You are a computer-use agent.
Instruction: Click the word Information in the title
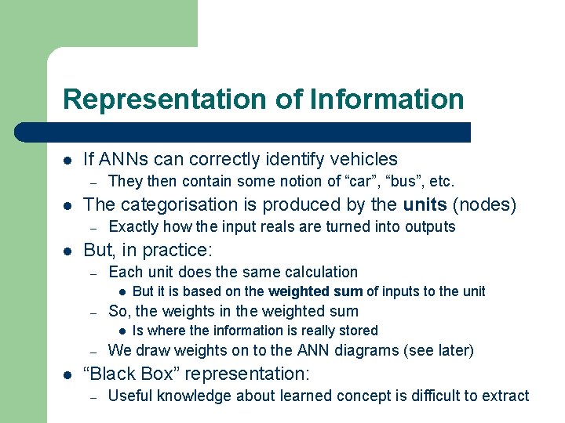click(387, 100)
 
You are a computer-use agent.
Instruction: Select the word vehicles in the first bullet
click(363, 160)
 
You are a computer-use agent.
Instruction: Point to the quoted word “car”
click(343, 182)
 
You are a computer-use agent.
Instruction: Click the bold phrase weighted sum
click(315, 291)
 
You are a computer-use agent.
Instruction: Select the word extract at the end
click(505, 396)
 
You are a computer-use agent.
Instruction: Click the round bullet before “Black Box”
click(67, 374)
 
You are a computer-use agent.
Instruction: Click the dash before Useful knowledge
click(93, 397)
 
